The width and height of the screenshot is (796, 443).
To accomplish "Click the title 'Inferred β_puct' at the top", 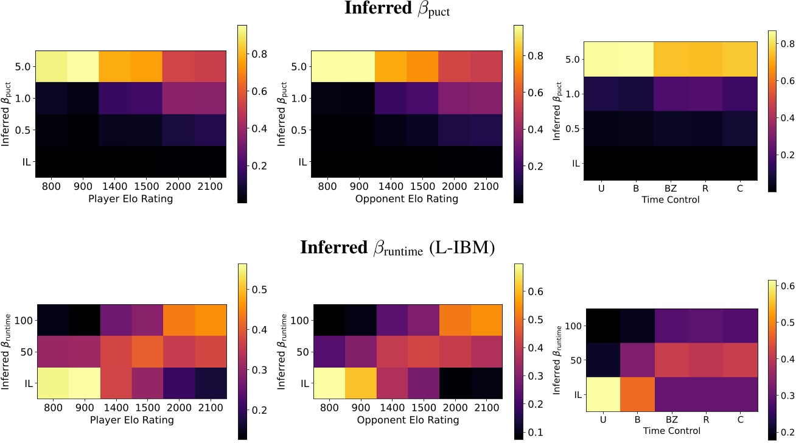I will pyautogui.click(x=397, y=10).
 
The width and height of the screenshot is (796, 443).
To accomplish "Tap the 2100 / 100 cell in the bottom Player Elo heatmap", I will pyautogui.click(x=210, y=316).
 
